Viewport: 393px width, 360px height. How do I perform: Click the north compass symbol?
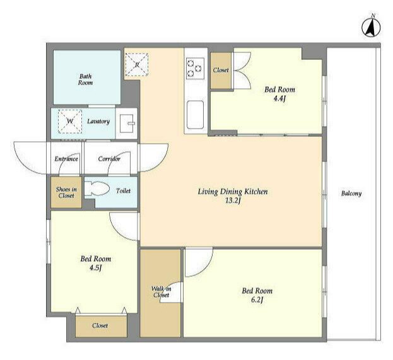coord(371,27)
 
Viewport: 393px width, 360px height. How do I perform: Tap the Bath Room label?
coord(85,79)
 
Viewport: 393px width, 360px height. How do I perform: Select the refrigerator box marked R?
coord(137,65)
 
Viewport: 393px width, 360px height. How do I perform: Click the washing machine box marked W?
coord(70,121)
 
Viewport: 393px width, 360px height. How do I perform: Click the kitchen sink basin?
coord(196,115)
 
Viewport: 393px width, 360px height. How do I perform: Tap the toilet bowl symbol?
coord(97,189)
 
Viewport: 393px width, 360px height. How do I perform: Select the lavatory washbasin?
coord(127,123)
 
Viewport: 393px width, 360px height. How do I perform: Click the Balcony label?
coord(351,194)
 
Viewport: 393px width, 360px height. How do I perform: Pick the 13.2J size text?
coord(233,200)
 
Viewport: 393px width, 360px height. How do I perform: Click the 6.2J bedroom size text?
coord(257,300)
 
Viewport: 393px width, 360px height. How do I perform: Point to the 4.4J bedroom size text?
coord(279,98)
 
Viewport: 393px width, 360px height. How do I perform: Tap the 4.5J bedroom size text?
coord(95,268)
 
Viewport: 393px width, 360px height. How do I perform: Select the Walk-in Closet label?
coord(161,292)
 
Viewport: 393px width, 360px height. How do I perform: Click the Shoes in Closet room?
coord(66,192)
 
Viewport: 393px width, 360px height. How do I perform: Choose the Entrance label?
coord(66,159)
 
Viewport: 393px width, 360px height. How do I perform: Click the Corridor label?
coord(109,159)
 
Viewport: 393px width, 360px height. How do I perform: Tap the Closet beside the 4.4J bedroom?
coord(221,71)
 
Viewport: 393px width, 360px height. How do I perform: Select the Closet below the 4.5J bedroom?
coord(101,325)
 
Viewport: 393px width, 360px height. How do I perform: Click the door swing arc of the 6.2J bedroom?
coord(208,267)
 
